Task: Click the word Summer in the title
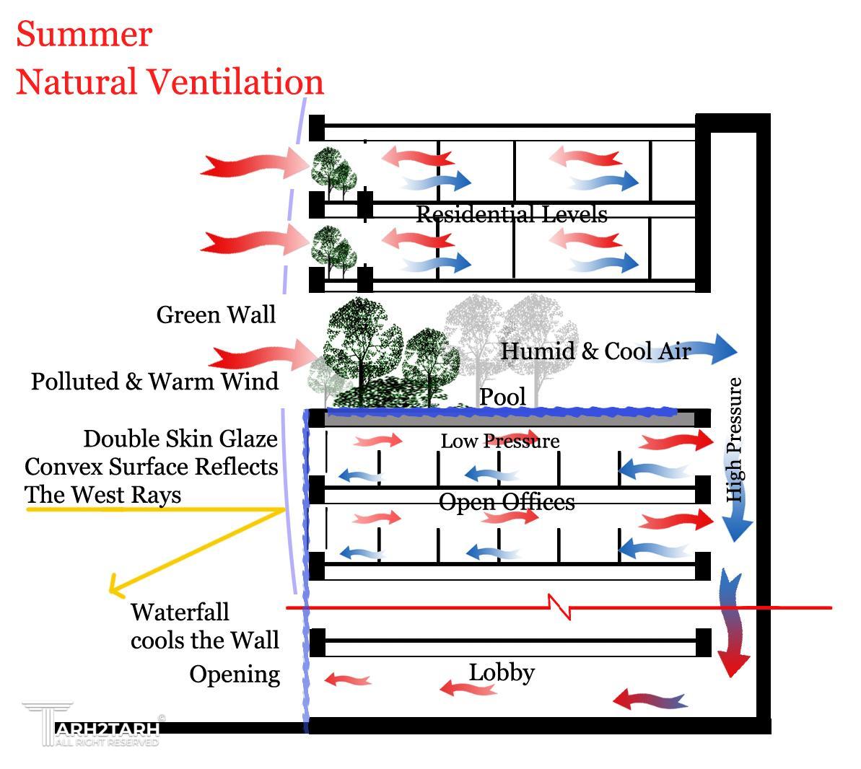84,34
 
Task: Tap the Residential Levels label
511,214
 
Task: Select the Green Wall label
216,315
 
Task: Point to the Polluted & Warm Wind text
154,381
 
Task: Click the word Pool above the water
502,397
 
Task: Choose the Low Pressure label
499,441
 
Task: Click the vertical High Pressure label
734,440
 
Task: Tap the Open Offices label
507,501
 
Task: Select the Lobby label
502,672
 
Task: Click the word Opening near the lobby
235,674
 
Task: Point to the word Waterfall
180,612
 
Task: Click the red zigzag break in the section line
559,607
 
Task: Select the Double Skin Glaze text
180,439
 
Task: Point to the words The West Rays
102,495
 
